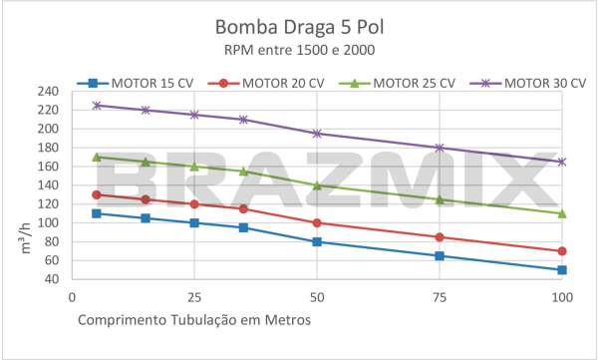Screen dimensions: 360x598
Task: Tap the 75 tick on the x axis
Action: point(440,297)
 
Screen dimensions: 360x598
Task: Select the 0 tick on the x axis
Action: point(72,297)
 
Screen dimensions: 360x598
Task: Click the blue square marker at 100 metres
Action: point(562,269)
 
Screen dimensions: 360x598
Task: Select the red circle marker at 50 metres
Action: point(317,222)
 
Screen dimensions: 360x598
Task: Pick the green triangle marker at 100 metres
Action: point(562,213)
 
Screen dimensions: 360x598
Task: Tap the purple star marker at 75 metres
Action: point(440,148)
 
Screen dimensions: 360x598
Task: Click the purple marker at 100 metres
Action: point(562,162)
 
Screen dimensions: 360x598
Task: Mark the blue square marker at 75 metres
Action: point(440,255)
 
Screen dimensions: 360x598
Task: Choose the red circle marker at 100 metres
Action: point(562,251)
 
